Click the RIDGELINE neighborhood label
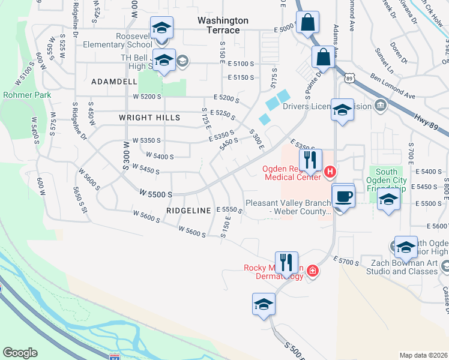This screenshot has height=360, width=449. (x=190, y=211)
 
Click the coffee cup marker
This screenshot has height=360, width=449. (x=343, y=196)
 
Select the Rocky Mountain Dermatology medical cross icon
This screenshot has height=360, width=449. (x=313, y=272)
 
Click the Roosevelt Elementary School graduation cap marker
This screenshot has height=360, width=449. (x=161, y=28)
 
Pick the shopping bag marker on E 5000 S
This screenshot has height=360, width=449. (x=307, y=23)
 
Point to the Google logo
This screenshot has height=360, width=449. (x=20, y=353)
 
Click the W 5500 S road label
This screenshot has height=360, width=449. (x=155, y=194)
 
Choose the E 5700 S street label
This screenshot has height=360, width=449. (x=345, y=261)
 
